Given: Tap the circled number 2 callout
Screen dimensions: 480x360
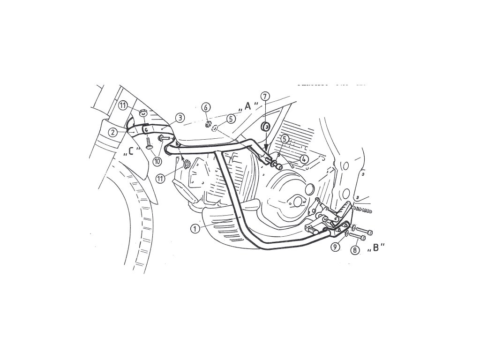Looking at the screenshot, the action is click(x=112, y=132).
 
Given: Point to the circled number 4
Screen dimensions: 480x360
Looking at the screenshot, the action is click(x=304, y=159).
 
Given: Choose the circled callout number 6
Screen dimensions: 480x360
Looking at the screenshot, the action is click(x=206, y=107).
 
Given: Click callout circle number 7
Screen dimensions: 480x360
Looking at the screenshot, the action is click(x=265, y=97).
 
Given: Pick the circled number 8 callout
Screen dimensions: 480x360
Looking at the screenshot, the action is click(x=355, y=250).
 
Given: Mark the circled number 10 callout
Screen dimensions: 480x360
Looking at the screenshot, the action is click(x=156, y=160).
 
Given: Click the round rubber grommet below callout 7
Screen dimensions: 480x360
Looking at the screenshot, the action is click(x=265, y=126).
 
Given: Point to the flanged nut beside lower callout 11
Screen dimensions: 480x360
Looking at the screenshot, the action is click(x=186, y=164).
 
